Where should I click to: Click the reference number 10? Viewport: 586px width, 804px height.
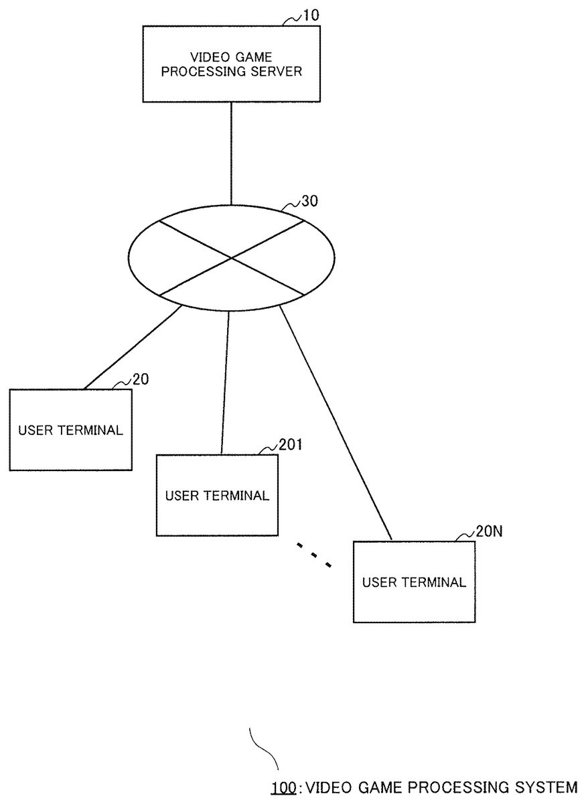(311, 16)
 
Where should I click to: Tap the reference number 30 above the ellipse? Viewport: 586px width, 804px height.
(309, 201)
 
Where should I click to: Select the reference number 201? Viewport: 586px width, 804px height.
(290, 445)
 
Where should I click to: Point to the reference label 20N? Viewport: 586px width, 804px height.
(489, 531)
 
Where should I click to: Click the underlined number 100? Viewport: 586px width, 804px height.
(283, 787)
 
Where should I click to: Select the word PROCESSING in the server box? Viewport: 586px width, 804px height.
(204, 72)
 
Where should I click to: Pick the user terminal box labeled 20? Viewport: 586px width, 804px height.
(71, 429)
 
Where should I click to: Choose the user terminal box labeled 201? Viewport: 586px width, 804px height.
(217, 495)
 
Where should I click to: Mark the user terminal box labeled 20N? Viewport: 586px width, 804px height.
(414, 582)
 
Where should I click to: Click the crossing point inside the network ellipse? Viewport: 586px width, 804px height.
(232, 258)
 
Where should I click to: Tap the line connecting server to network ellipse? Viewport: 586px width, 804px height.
(231, 153)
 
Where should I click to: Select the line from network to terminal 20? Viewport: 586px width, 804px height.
(133, 348)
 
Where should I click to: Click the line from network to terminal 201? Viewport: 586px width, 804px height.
(225, 383)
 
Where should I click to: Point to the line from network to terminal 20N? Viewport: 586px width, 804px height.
(336, 423)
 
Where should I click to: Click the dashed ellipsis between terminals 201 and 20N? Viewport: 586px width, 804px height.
(314, 555)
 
